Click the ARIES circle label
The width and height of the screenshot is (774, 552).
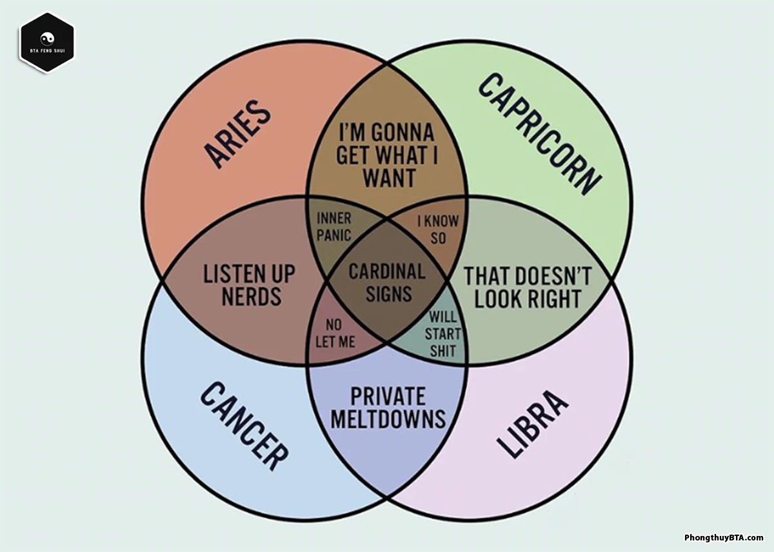tap(237, 134)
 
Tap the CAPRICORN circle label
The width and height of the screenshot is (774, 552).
tap(539, 133)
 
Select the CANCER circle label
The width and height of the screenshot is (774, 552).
tap(244, 425)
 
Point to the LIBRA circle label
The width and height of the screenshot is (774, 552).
tap(533, 424)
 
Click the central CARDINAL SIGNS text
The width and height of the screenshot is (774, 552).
tap(388, 282)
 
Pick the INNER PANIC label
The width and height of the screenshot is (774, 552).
tap(334, 227)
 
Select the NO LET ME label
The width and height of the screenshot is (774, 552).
tap(335, 333)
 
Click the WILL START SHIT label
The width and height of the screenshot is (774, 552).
tap(443, 334)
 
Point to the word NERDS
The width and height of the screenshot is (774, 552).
tap(252, 297)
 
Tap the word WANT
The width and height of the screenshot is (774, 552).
tap(389, 178)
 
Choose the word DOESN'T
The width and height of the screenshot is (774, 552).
tap(553, 276)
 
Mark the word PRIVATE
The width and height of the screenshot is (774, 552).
tap(388, 395)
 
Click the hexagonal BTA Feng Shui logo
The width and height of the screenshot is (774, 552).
tap(47, 42)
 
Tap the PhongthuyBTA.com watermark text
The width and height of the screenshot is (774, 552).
tap(724, 538)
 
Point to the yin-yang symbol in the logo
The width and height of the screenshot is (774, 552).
tap(47, 38)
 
